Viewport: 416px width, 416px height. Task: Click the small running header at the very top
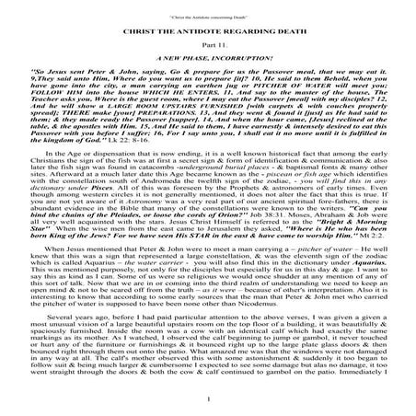tap(207, 7)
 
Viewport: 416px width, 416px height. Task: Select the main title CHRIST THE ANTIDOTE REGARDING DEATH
tap(208, 29)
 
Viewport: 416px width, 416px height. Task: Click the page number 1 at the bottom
tap(208, 397)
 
